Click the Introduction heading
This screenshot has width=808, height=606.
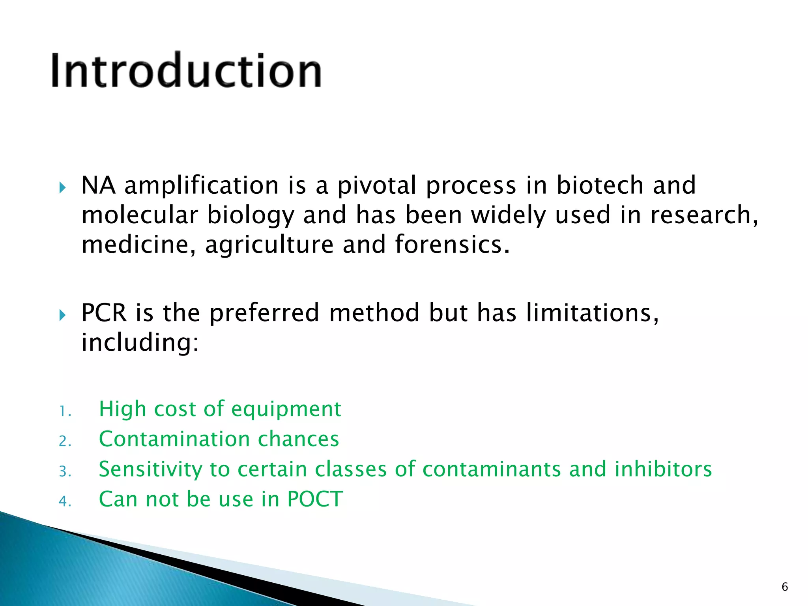[x=186, y=71]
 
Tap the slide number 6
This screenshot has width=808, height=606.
[x=784, y=587]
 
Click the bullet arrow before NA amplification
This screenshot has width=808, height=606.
[x=62, y=187]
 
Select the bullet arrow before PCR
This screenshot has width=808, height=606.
[x=62, y=315]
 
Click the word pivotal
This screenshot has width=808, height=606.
[x=377, y=185]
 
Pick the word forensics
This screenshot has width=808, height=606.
[x=452, y=244]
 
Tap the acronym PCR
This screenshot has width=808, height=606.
[x=104, y=313]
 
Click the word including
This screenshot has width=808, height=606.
[x=140, y=342]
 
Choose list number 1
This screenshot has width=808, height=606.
[x=65, y=412]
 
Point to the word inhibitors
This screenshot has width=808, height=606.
[x=663, y=469]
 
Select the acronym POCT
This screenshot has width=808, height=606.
[x=315, y=499]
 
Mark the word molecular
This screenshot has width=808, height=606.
[x=139, y=215]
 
